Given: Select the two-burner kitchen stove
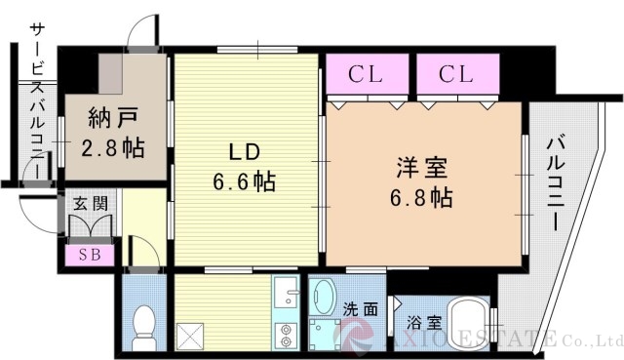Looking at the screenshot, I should tap(286, 335).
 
